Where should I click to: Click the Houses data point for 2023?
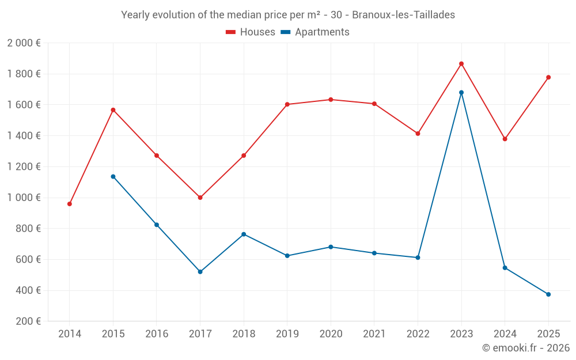(461, 64)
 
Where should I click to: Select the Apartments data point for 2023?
(461, 92)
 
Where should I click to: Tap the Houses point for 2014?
(70, 204)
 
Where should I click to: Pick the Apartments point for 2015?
(113, 176)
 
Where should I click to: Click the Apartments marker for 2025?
(548, 294)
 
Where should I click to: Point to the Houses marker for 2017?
(200, 198)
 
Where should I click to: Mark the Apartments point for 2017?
(200, 271)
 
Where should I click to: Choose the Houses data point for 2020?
(331, 100)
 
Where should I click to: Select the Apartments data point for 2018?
(244, 234)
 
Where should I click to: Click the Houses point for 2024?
(505, 139)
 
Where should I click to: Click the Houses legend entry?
(251, 32)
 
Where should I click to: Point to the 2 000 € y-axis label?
(24, 43)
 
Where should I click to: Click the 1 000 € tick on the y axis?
(24, 198)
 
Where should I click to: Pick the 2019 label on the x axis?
(287, 334)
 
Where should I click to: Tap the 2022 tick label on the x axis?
(418, 334)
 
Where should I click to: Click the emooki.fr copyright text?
(526, 348)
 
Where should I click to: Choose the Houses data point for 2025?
(548, 77)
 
